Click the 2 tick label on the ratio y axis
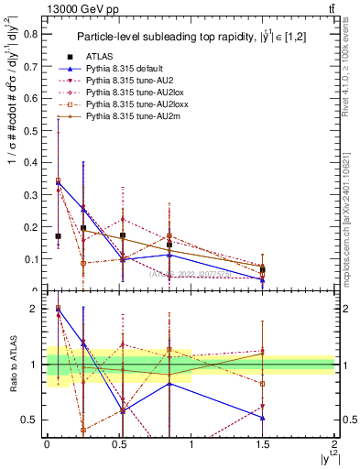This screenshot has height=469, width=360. [x=35, y=309]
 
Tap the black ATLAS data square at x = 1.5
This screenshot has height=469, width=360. [x=263, y=270]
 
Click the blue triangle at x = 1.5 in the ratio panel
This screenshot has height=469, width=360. [x=263, y=418]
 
